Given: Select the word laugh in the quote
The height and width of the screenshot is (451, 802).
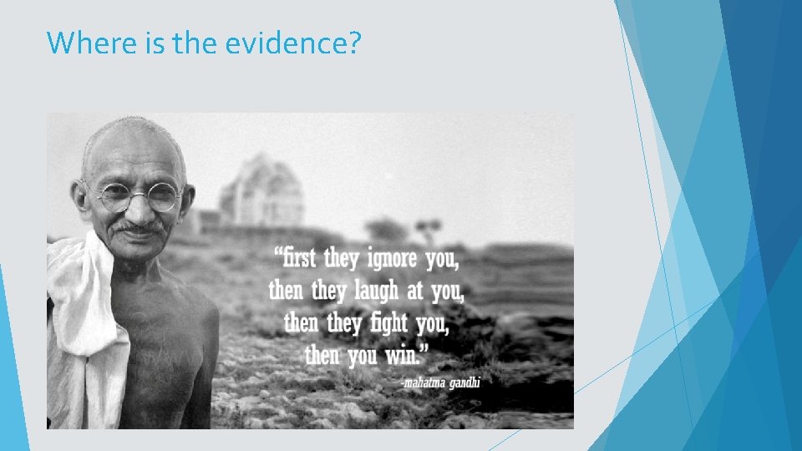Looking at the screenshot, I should coord(377,291).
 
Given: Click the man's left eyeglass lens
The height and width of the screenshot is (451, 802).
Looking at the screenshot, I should coord(164,197).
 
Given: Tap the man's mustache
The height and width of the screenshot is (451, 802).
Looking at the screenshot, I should coord(139,225).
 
